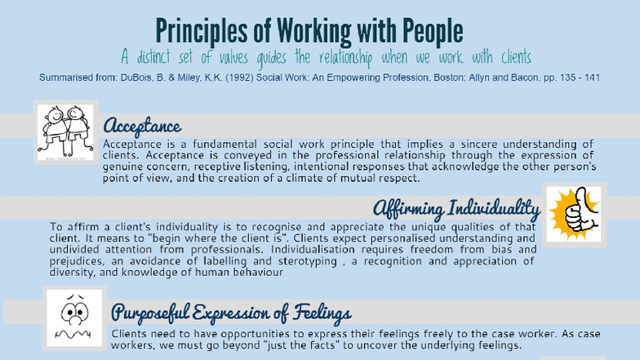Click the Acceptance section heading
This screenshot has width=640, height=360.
point(141,126)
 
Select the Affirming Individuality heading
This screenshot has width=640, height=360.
point(456,209)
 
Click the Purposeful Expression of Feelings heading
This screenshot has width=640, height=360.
point(231,313)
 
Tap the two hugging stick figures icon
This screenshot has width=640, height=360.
point(65,131)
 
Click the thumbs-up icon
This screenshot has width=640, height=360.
point(573,214)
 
